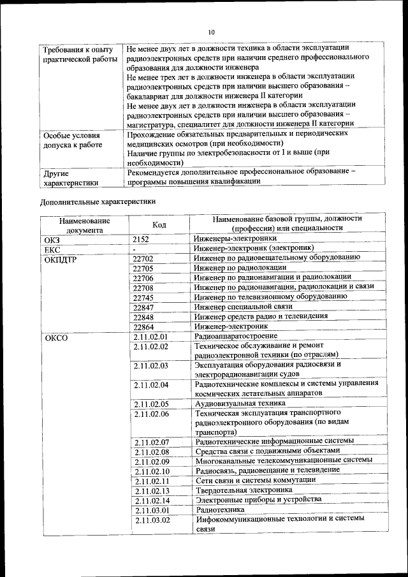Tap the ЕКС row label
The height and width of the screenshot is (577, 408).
51,249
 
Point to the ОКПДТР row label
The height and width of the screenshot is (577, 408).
60,259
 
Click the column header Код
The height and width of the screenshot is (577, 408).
159,224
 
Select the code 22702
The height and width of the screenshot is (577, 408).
143,258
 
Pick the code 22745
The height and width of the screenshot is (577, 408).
143,298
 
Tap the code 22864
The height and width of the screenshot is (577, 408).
143,326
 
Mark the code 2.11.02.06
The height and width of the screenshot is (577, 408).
151,414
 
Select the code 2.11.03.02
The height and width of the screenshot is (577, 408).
152,520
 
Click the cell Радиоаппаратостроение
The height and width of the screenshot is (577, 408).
236,336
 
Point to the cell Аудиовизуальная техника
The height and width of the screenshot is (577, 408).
240,404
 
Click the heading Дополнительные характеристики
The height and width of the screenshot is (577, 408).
98,202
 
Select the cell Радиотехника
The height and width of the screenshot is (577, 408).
220,510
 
